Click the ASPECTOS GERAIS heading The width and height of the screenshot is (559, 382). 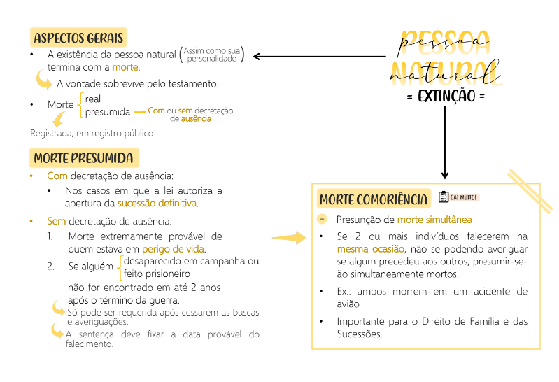pyautogui.click(x=78, y=37)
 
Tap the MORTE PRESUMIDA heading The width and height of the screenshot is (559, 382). pyautogui.click(x=83, y=157)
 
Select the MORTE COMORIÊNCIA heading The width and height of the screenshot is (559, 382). pyautogui.click(x=374, y=199)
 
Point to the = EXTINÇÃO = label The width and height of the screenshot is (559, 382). pyautogui.click(x=446, y=96)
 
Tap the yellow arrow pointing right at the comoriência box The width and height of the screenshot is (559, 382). pyautogui.click(x=290, y=239)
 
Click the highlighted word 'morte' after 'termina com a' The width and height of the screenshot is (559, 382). pyautogui.click(x=126, y=68)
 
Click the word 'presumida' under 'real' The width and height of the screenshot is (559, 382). pyautogui.click(x=107, y=111)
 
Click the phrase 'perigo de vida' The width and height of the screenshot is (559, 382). pyautogui.click(x=174, y=249)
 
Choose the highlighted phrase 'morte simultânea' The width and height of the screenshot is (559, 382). pyautogui.click(x=434, y=220)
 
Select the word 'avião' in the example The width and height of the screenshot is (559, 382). pyautogui.click(x=348, y=304)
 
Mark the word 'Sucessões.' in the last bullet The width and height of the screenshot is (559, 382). pyautogui.click(x=360, y=334)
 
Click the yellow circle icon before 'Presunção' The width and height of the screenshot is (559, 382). pyautogui.click(x=323, y=220)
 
